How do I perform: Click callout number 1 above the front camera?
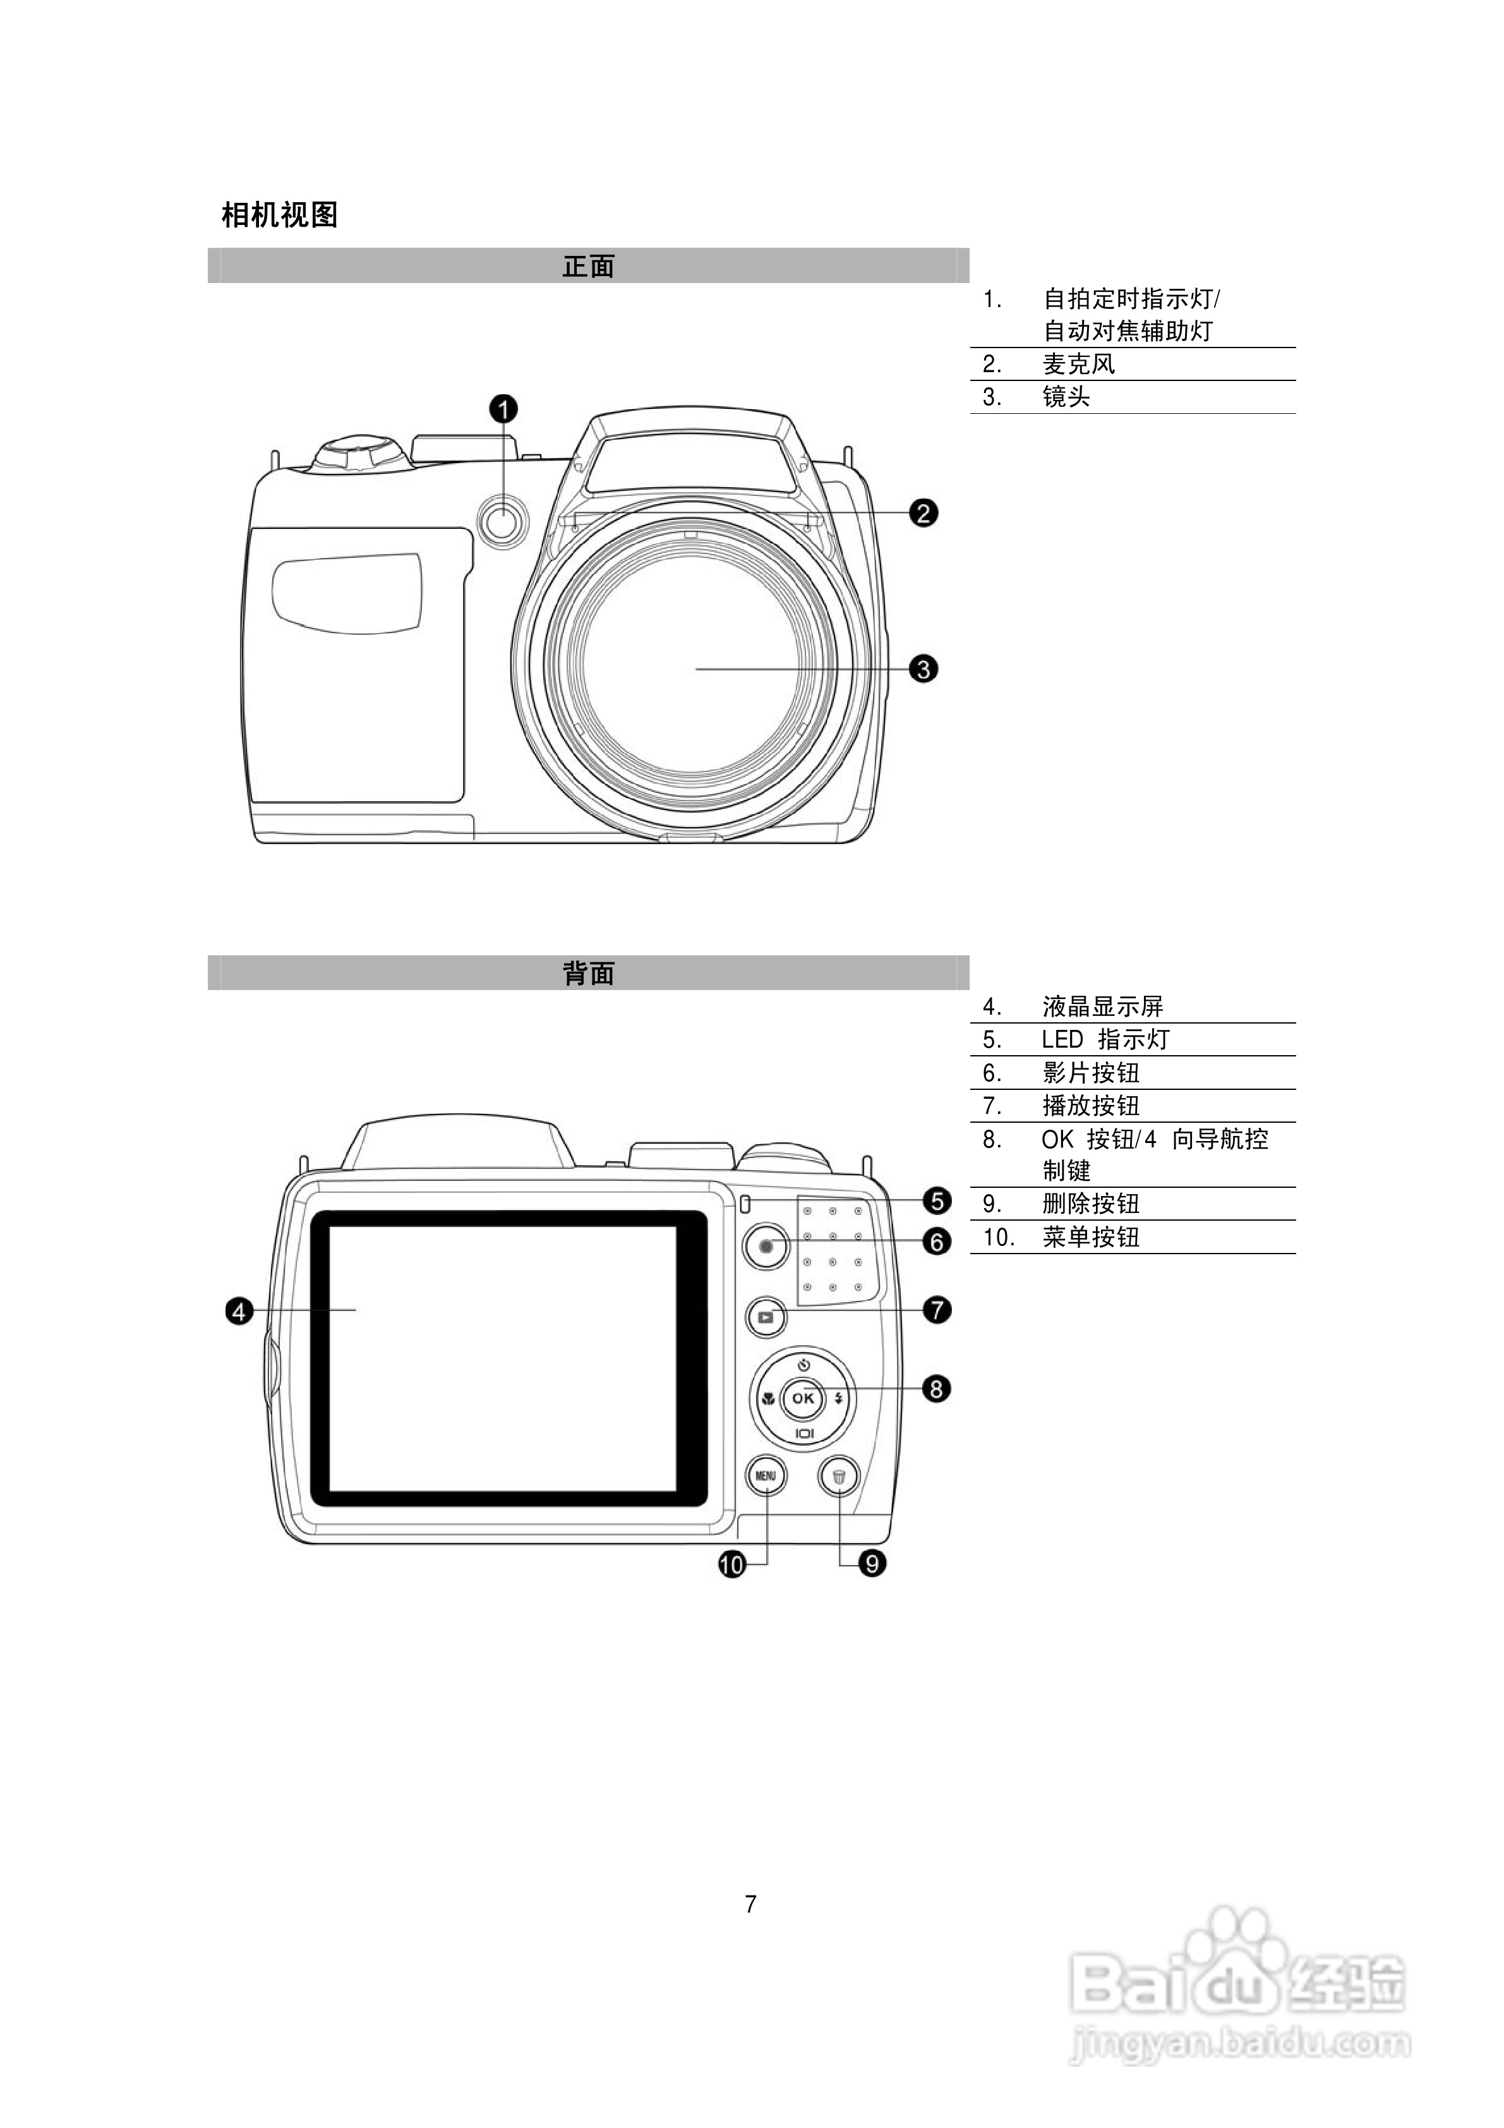coord(504,409)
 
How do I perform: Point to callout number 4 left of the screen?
coord(239,1312)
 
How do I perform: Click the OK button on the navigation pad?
coord(802,1398)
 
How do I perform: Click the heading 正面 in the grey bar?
coord(589,267)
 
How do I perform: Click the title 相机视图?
coord(280,215)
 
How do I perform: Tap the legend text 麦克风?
coord(1079,364)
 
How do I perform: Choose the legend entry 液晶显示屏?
coord(1103,1007)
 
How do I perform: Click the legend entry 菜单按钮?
coord(1091,1237)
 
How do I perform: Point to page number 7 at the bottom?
coord(750,1904)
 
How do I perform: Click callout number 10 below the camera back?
coord(732,1566)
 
